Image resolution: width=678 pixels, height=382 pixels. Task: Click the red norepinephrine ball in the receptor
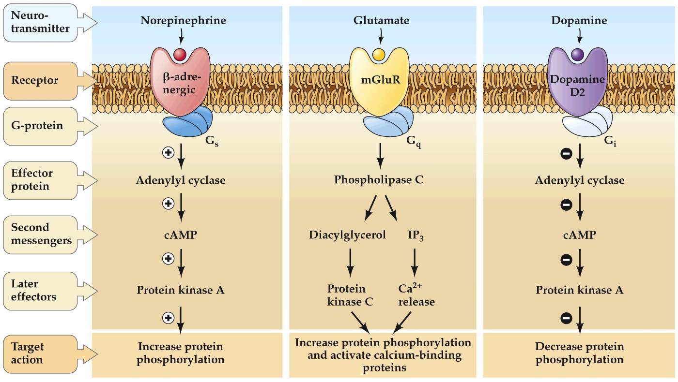[x=180, y=54]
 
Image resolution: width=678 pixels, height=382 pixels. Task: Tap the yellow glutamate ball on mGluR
[x=379, y=54]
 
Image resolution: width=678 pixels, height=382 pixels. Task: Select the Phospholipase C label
[x=379, y=180]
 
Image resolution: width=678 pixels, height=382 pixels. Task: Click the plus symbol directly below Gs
[x=168, y=154]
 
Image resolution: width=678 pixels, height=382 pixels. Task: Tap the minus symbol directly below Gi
[x=566, y=154]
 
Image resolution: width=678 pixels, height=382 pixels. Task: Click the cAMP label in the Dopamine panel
[x=580, y=235]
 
